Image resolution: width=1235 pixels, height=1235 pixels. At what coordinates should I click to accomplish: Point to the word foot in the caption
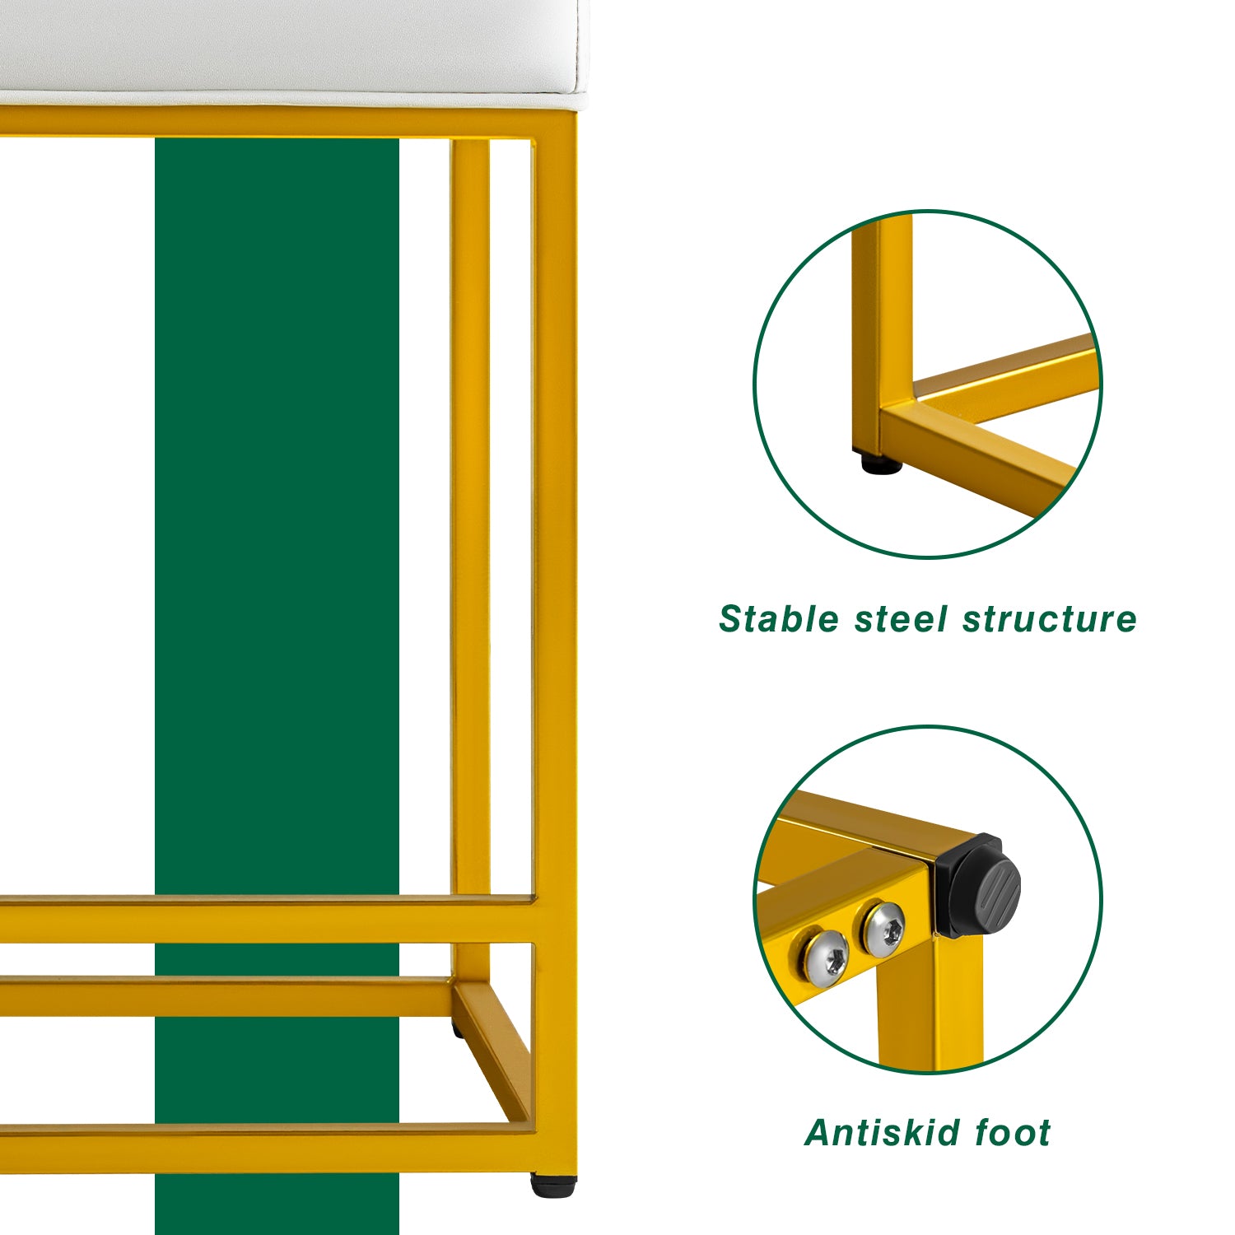[x=1013, y=1133]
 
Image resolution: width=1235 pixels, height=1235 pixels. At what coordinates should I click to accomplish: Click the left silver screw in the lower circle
[x=825, y=958]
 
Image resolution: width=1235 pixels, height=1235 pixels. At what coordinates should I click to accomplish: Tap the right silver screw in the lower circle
[x=883, y=929]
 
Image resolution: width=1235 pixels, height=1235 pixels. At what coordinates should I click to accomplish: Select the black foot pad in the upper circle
[x=881, y=464]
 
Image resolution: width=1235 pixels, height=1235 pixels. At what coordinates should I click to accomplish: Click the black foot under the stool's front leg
[x=552, y=1186]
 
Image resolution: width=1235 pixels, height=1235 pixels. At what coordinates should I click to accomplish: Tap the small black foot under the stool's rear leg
[x=456, y=1029]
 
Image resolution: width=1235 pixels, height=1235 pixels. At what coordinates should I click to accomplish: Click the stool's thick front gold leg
[x=554, y=642]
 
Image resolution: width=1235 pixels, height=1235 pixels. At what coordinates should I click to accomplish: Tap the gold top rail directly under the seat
[x=288, y=122]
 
